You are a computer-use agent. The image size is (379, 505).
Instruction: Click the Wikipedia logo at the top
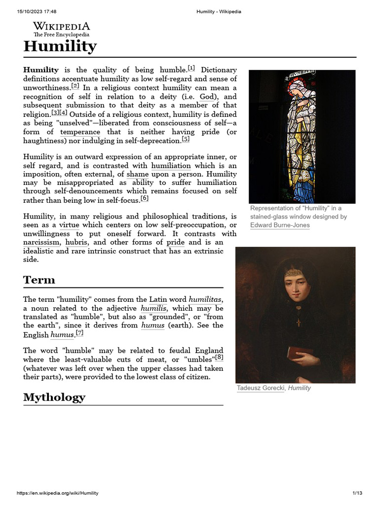point(61,29)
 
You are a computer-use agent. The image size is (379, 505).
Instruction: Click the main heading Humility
point(60,47)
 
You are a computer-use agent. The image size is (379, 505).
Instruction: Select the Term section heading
point(39,280)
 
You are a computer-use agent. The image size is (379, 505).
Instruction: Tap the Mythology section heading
point(54,397)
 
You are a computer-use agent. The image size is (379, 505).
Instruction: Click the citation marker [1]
point(191,68)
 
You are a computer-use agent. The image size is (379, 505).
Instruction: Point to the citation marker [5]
point(186,139)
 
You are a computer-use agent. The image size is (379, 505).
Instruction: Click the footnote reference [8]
point(219,358)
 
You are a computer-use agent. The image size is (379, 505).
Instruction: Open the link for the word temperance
point(80,132)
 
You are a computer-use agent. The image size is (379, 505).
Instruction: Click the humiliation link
point(171,166)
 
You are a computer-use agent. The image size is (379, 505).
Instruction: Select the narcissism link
point(42,242)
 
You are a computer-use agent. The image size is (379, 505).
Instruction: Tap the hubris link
point(76,242)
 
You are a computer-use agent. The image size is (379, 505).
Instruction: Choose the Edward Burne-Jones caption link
point(280,225)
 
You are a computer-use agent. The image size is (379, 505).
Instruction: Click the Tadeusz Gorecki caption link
point(261,388)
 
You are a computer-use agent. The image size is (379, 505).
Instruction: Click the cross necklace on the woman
point(298,322)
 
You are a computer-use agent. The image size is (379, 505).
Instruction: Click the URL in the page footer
point(57,493)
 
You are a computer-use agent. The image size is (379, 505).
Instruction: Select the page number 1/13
point(357,493)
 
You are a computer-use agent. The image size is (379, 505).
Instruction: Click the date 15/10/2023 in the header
point(30,11)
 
